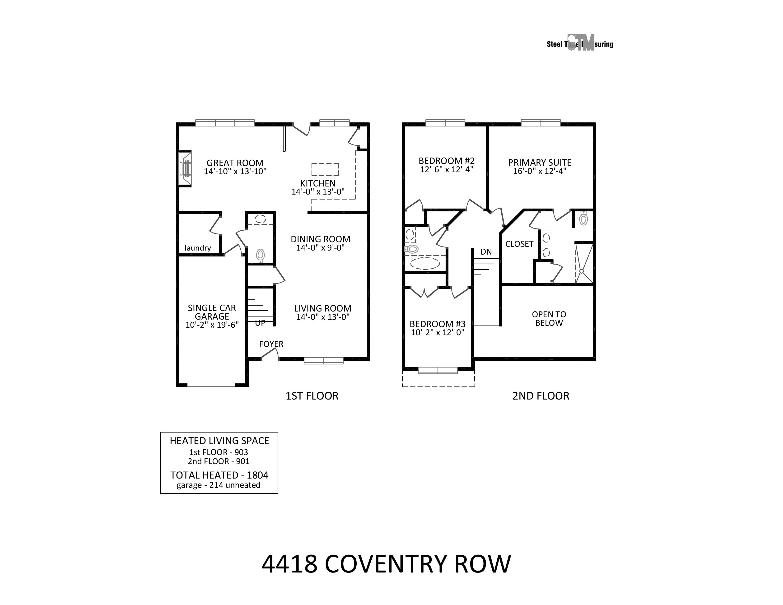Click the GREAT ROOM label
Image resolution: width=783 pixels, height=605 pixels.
[x=235, y=163]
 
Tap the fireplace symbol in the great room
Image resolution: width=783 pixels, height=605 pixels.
[x=185, y=168]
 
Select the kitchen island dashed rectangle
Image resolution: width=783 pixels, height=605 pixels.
[x=325, y=169]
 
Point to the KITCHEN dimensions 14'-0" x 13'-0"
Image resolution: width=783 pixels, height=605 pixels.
[x=318, y=192]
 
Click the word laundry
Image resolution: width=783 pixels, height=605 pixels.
[x=198, y=248]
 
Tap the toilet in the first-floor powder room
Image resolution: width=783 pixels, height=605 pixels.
[x=260, y=255]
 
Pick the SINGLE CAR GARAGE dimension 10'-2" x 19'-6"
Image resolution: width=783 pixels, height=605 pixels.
[x=212, y=325]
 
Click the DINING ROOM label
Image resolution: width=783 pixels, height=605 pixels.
[x=321, y=239]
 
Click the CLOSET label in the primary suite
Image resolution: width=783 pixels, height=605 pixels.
[x=519, y=244]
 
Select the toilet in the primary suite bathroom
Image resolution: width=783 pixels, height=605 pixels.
[x=583, y=218]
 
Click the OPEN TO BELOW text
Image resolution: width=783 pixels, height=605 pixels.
[x=549, y=319]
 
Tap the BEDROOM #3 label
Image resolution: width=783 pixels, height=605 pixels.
[x=437, y=324]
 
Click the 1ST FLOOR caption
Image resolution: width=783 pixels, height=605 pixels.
[x=312, y=396]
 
